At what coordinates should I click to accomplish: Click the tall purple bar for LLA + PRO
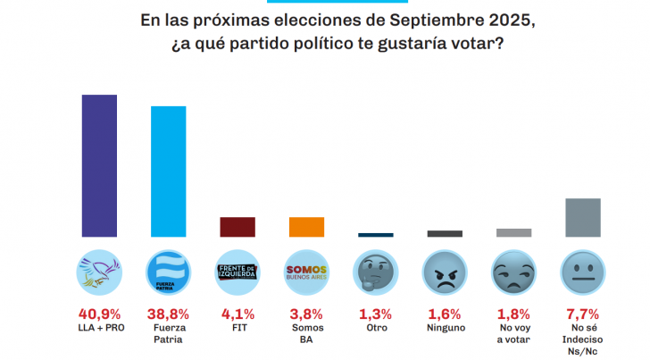[99, 165]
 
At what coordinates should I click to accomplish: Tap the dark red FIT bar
[237, 227]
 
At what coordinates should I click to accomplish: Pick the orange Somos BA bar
[306, 227]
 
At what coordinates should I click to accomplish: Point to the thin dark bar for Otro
[376, 235]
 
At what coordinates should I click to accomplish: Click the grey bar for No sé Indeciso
[583, 217]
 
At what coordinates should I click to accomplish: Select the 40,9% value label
[99, 314]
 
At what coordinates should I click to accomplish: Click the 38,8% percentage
[168, 314]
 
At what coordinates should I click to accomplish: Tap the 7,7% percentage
[583, 314]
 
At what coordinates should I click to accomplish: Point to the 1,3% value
[376, 314]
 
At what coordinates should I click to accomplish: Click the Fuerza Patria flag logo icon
[168, 272]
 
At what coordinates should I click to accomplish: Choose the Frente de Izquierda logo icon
[237, 272]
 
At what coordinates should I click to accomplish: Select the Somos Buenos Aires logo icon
[306, 272]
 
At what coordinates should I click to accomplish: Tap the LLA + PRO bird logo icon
[99, 272]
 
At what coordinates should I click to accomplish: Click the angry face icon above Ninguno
[445, 272]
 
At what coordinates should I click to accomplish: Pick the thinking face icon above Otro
[376, 272]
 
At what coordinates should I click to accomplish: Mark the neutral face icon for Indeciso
[583, 272]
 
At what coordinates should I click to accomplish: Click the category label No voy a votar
[513, 334]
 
